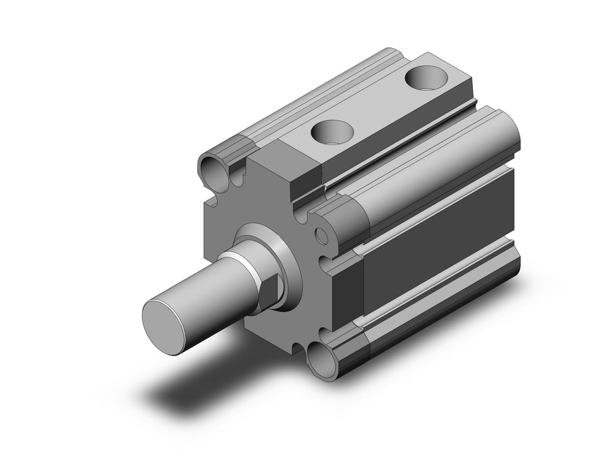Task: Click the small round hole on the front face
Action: pyautogui.click(x=322, y=236)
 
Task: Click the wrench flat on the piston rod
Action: pyautogui.click(x=270, y=288)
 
